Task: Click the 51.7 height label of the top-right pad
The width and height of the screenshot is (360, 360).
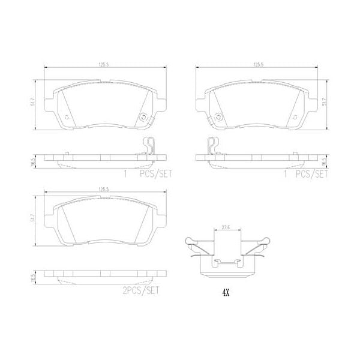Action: click(325, 103)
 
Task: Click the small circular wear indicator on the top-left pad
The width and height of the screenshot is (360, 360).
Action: click(142, 118)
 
